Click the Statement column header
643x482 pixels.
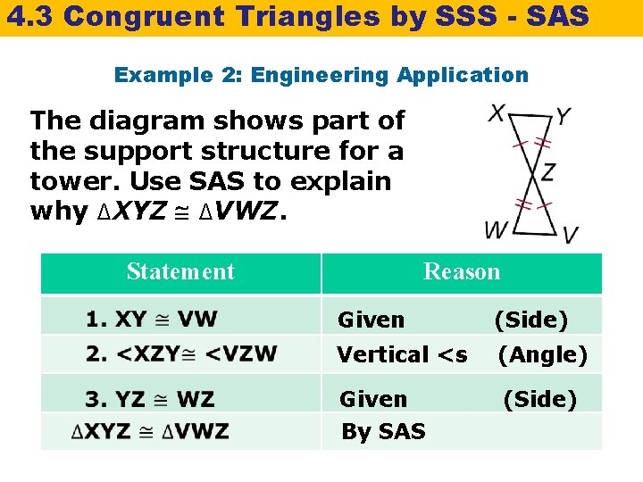180,271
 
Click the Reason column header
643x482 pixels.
462,271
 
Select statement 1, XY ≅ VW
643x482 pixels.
152,319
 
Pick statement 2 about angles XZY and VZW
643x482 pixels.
181,353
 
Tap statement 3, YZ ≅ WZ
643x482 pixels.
150,398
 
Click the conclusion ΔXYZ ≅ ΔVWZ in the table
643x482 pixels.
150,432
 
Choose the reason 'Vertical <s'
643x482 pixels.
402,355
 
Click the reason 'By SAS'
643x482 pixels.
383,432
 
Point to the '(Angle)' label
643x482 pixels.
542,355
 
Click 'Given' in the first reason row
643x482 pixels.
371,320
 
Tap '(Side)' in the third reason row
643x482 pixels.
539,399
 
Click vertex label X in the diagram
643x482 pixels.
497,114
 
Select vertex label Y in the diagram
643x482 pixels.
564,116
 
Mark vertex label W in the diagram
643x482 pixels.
496,229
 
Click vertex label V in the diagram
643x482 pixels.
570,235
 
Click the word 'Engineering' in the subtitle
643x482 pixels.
321,76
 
